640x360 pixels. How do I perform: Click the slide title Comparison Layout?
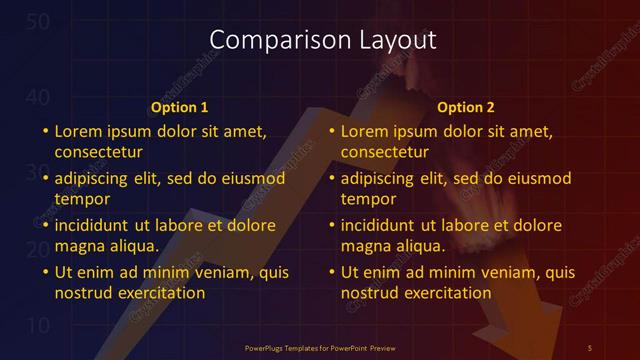(323, 40)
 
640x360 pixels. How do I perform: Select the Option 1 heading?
(180, 107)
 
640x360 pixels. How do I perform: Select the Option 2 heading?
(466, 107)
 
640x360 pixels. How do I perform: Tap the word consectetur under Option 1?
(99, 152)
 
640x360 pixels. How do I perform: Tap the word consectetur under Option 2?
(385, 152)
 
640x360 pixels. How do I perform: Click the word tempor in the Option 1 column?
(80, 199)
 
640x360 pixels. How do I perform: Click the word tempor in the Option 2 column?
(366, 199)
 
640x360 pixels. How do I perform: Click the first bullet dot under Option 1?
(44, 131)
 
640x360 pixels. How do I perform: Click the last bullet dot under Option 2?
(330, 272)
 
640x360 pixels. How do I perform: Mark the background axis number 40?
(37, 97)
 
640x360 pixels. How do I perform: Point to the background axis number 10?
(37, 326)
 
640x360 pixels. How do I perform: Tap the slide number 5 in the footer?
(589, 347)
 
